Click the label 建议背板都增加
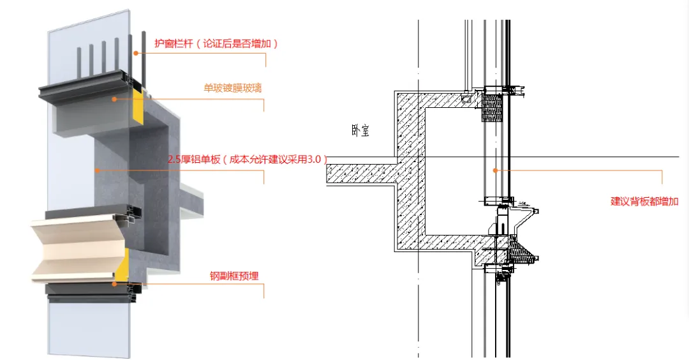(644, 201)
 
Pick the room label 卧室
(360, 131)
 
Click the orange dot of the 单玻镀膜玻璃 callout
(115, 99)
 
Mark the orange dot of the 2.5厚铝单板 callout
(96, 170)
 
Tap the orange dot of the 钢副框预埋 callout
(114, 283)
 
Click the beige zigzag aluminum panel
(77, 246)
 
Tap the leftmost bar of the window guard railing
(79, 60)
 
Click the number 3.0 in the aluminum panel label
(315, 160)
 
